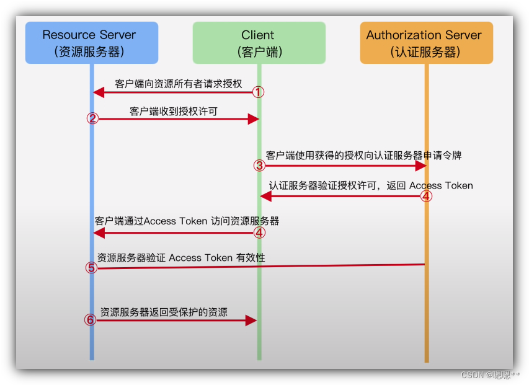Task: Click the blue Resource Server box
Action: click(91, 43)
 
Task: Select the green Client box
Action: click(259, 43)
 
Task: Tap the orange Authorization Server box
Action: click(426, 43)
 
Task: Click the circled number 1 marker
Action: click(258, 92)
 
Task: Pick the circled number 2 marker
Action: click(92, 118)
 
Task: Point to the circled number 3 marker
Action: click(259, 166)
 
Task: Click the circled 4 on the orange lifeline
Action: click(425, 196)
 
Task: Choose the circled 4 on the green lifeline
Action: click(259, 232)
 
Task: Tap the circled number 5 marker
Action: click(91, 268)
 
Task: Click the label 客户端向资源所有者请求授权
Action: click(178, 84)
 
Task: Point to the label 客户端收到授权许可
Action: click(173, 111)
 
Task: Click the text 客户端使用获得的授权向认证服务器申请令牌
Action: click(363, 155)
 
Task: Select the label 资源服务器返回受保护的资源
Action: click(164, 312)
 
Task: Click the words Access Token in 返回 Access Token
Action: click(441, 185)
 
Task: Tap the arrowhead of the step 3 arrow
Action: click(421, 166)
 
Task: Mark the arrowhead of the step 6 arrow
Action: click(251, 320)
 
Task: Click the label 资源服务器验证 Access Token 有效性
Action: click(181, 257)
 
